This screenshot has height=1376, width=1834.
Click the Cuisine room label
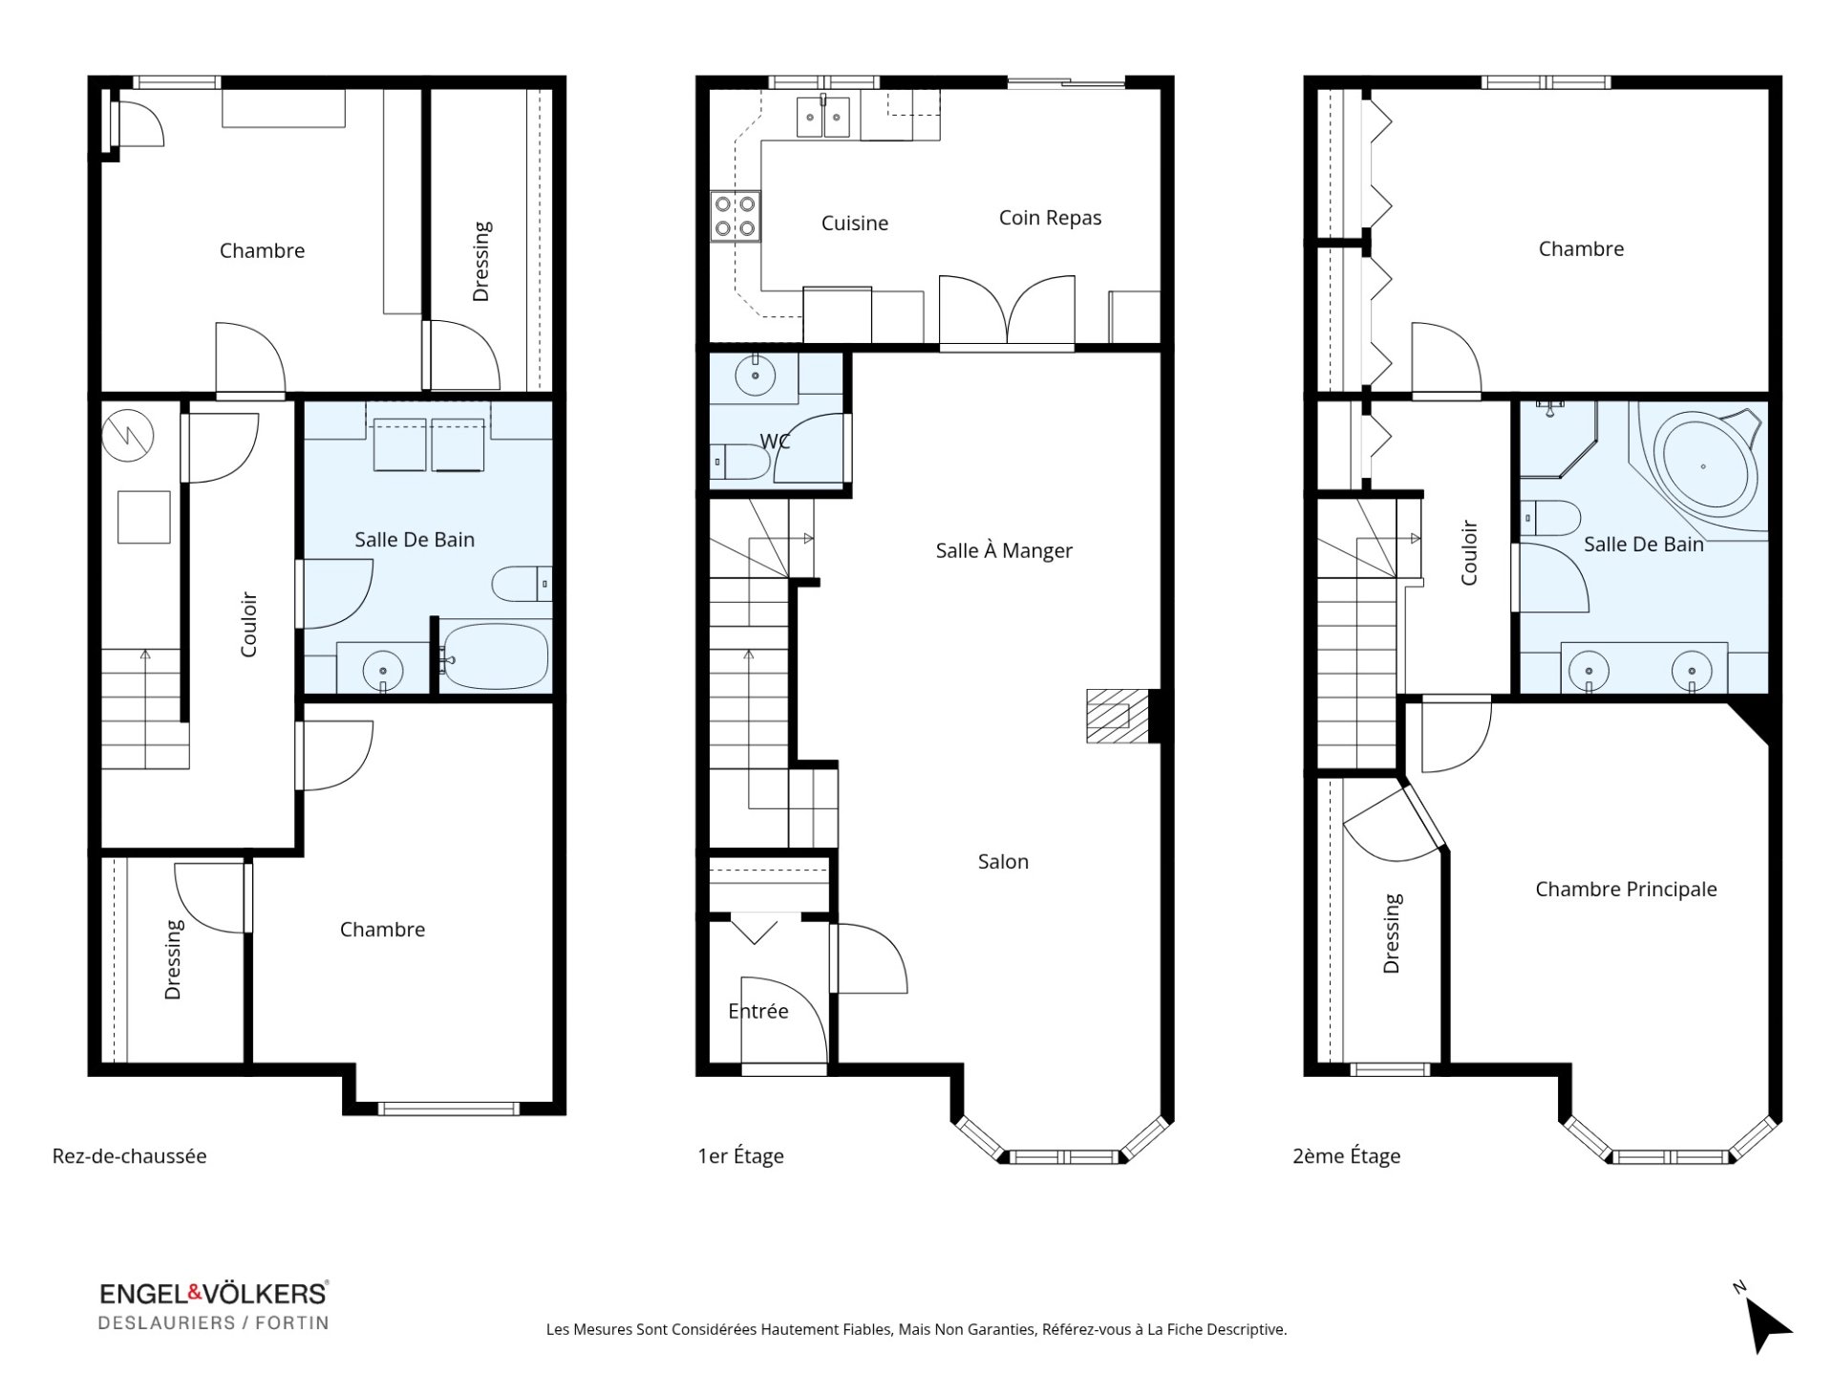(855, 223)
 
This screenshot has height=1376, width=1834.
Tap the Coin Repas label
(1050, 218)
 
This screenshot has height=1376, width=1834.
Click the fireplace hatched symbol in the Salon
(1118, 715)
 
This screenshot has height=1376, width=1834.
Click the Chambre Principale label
(1626, 890)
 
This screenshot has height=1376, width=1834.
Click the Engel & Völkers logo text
(214, 1293)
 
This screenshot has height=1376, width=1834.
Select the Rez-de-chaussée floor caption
(129, 1155)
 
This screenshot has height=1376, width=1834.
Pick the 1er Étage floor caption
(740, 1156)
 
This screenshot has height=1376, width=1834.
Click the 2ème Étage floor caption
(1346, 1156)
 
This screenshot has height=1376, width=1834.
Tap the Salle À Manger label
(1004, 550)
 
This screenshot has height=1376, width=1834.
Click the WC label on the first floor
(775, 441)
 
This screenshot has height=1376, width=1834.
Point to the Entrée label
(758, 1011)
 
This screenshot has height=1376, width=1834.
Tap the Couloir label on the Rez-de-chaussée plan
(249, 625)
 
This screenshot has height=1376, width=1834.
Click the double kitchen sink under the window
(823, 118)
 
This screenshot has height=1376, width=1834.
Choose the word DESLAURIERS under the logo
(167, 1322)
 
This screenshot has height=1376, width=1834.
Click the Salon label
(1003, 862)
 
